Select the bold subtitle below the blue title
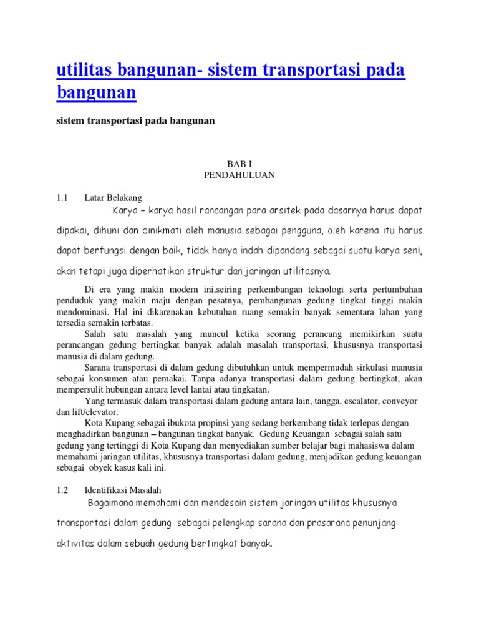click(135, 121)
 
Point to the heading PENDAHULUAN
click(239, 175)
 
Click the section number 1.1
click(61, 198)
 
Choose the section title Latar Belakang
click(114, 198)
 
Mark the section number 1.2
click(61, 490)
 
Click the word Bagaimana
click(114, 502)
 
